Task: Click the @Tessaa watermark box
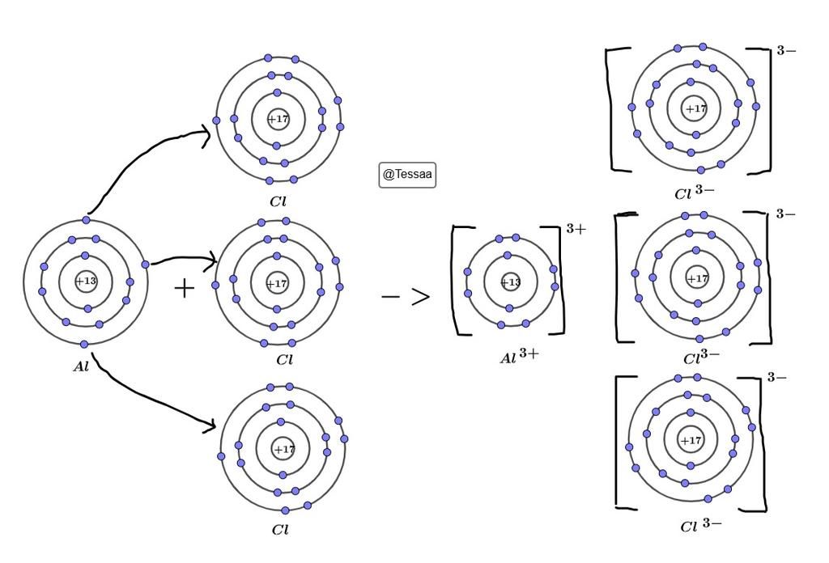point(407,175)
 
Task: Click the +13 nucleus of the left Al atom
point(86,281)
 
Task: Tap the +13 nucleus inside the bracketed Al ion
point(510,282)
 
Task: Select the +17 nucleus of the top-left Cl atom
point(278,119)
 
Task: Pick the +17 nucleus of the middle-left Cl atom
point(277,284)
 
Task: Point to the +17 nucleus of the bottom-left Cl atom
point(283,450)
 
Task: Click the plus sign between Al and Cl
point(184,289)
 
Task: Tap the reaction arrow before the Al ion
point(406,297)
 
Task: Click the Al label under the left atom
point(81,366)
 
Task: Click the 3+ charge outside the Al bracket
point(576,229)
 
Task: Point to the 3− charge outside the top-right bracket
point(786,51)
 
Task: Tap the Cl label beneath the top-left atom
point(278,201)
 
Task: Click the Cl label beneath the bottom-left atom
point(280,530)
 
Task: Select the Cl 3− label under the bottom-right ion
point(700,526)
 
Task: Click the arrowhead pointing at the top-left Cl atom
point(206,135)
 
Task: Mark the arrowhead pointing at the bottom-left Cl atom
point(210,425)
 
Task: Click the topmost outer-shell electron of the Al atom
point(86,220)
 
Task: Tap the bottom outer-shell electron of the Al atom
point(84,345)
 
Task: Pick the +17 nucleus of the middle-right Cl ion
point(697,278)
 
